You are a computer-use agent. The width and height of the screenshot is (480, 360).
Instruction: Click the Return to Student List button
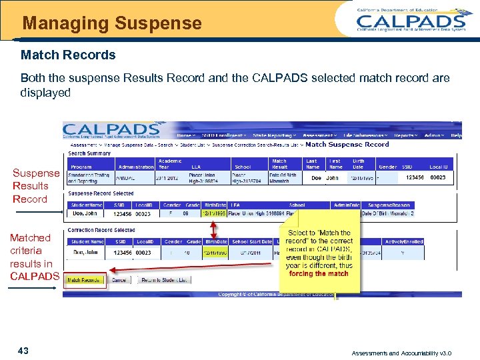[165, 280]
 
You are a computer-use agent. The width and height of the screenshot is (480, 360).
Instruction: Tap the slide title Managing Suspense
[112, 23]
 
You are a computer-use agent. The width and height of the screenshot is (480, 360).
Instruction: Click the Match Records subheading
[68, 55]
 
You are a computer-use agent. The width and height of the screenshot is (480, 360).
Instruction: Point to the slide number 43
[23, 351]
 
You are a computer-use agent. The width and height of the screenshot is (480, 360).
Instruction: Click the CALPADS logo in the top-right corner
[411, 19]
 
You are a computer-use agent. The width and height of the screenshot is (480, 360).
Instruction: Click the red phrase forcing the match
[319, 273]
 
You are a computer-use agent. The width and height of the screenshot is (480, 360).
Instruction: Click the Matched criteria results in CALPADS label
[34, 257]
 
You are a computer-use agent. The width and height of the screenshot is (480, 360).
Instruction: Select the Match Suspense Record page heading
[347, 144]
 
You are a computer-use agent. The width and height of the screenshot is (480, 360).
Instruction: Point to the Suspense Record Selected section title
[101, 193]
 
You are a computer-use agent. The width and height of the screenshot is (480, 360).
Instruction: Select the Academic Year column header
[169, 163]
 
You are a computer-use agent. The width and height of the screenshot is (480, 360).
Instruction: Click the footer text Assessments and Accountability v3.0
[402, 353]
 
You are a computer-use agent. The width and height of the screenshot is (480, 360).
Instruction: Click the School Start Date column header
[252, 241]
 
